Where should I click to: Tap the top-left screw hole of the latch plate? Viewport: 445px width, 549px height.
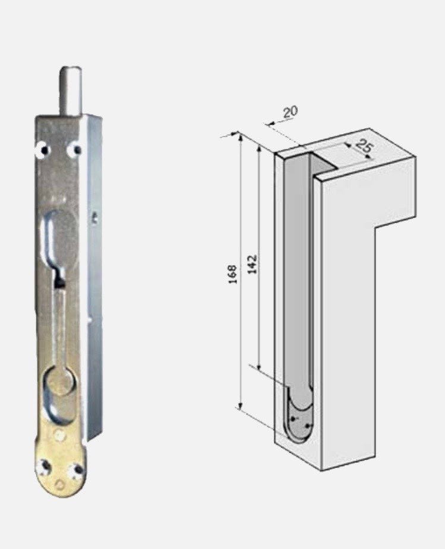pos(44,150)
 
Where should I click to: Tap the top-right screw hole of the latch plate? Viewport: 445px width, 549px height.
pos(76,150)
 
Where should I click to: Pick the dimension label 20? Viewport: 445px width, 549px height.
pos(291,112)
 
